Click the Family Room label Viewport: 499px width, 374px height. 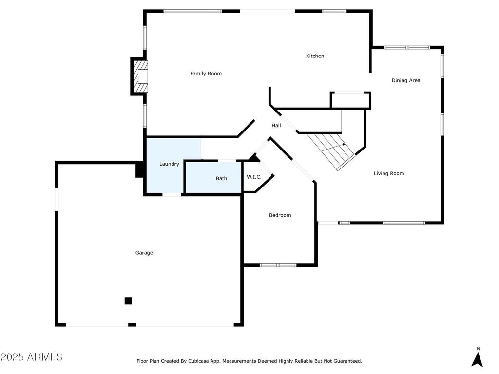[206, 74]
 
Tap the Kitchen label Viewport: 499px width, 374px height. [315, 56]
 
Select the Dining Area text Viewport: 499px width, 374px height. [406, 80]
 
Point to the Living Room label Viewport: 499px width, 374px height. [389, 173]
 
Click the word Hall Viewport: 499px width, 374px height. [276, 125]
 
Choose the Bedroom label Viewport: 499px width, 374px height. [280, 215]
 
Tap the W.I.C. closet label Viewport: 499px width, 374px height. [254, 177]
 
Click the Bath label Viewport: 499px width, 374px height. [222, 178]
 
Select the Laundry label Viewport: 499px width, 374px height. [169, 164]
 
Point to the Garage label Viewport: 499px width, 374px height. [144, 253]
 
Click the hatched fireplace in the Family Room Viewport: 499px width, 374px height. [140, 76]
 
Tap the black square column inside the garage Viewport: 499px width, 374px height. [128, 300]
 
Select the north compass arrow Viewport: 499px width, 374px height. [477, 360]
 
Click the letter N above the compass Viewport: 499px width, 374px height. [478, 349]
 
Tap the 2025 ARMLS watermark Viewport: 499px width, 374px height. [32, 357]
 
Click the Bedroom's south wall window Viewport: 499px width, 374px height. [278, 265]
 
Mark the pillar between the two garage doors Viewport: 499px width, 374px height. [132, 325]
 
